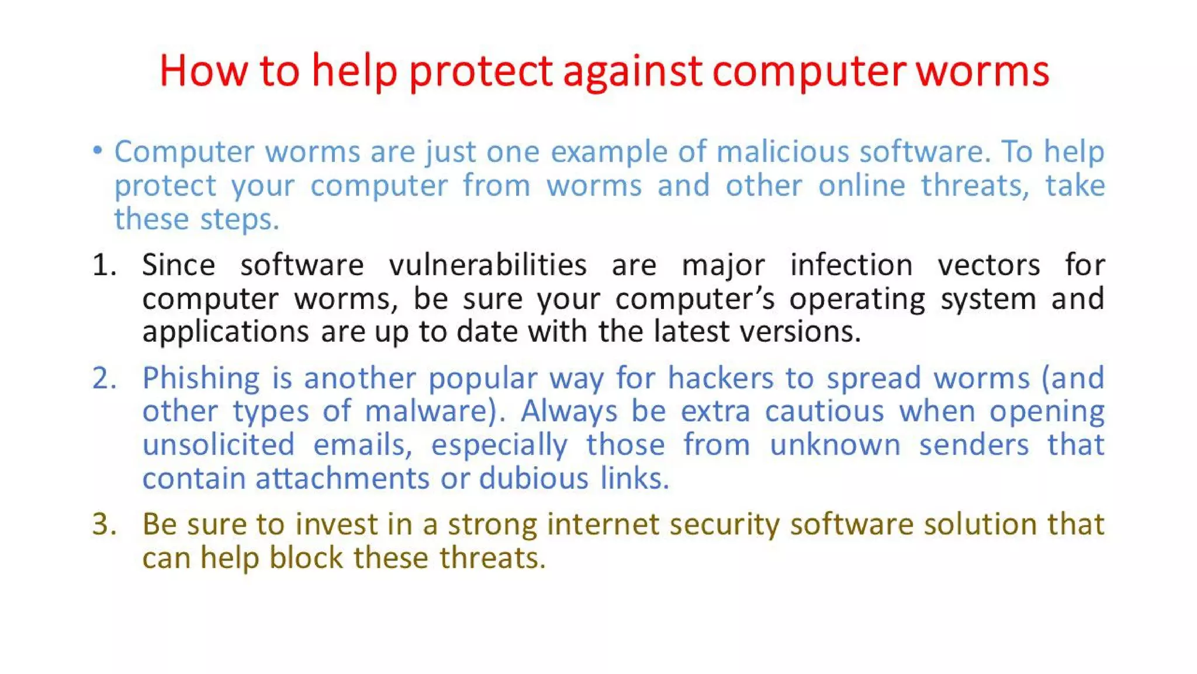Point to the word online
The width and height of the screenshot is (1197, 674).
pos(862,185)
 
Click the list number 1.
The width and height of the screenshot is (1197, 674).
pos(104,264)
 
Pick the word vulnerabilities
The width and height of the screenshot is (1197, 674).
pos(487,264)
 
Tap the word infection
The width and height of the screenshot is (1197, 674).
pos(851,264)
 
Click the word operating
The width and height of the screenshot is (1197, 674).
pos(857,299)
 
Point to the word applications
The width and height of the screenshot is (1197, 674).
pos(226,332)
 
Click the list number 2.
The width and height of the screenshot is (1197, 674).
pos(104,378)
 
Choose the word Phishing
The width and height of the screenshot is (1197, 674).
pos(201,378)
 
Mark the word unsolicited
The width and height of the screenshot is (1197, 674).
pos(219,445)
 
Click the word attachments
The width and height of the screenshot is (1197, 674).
pos(343,479)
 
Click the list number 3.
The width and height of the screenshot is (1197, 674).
pos(104,524)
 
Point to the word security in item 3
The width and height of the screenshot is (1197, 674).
pos(724,524)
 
